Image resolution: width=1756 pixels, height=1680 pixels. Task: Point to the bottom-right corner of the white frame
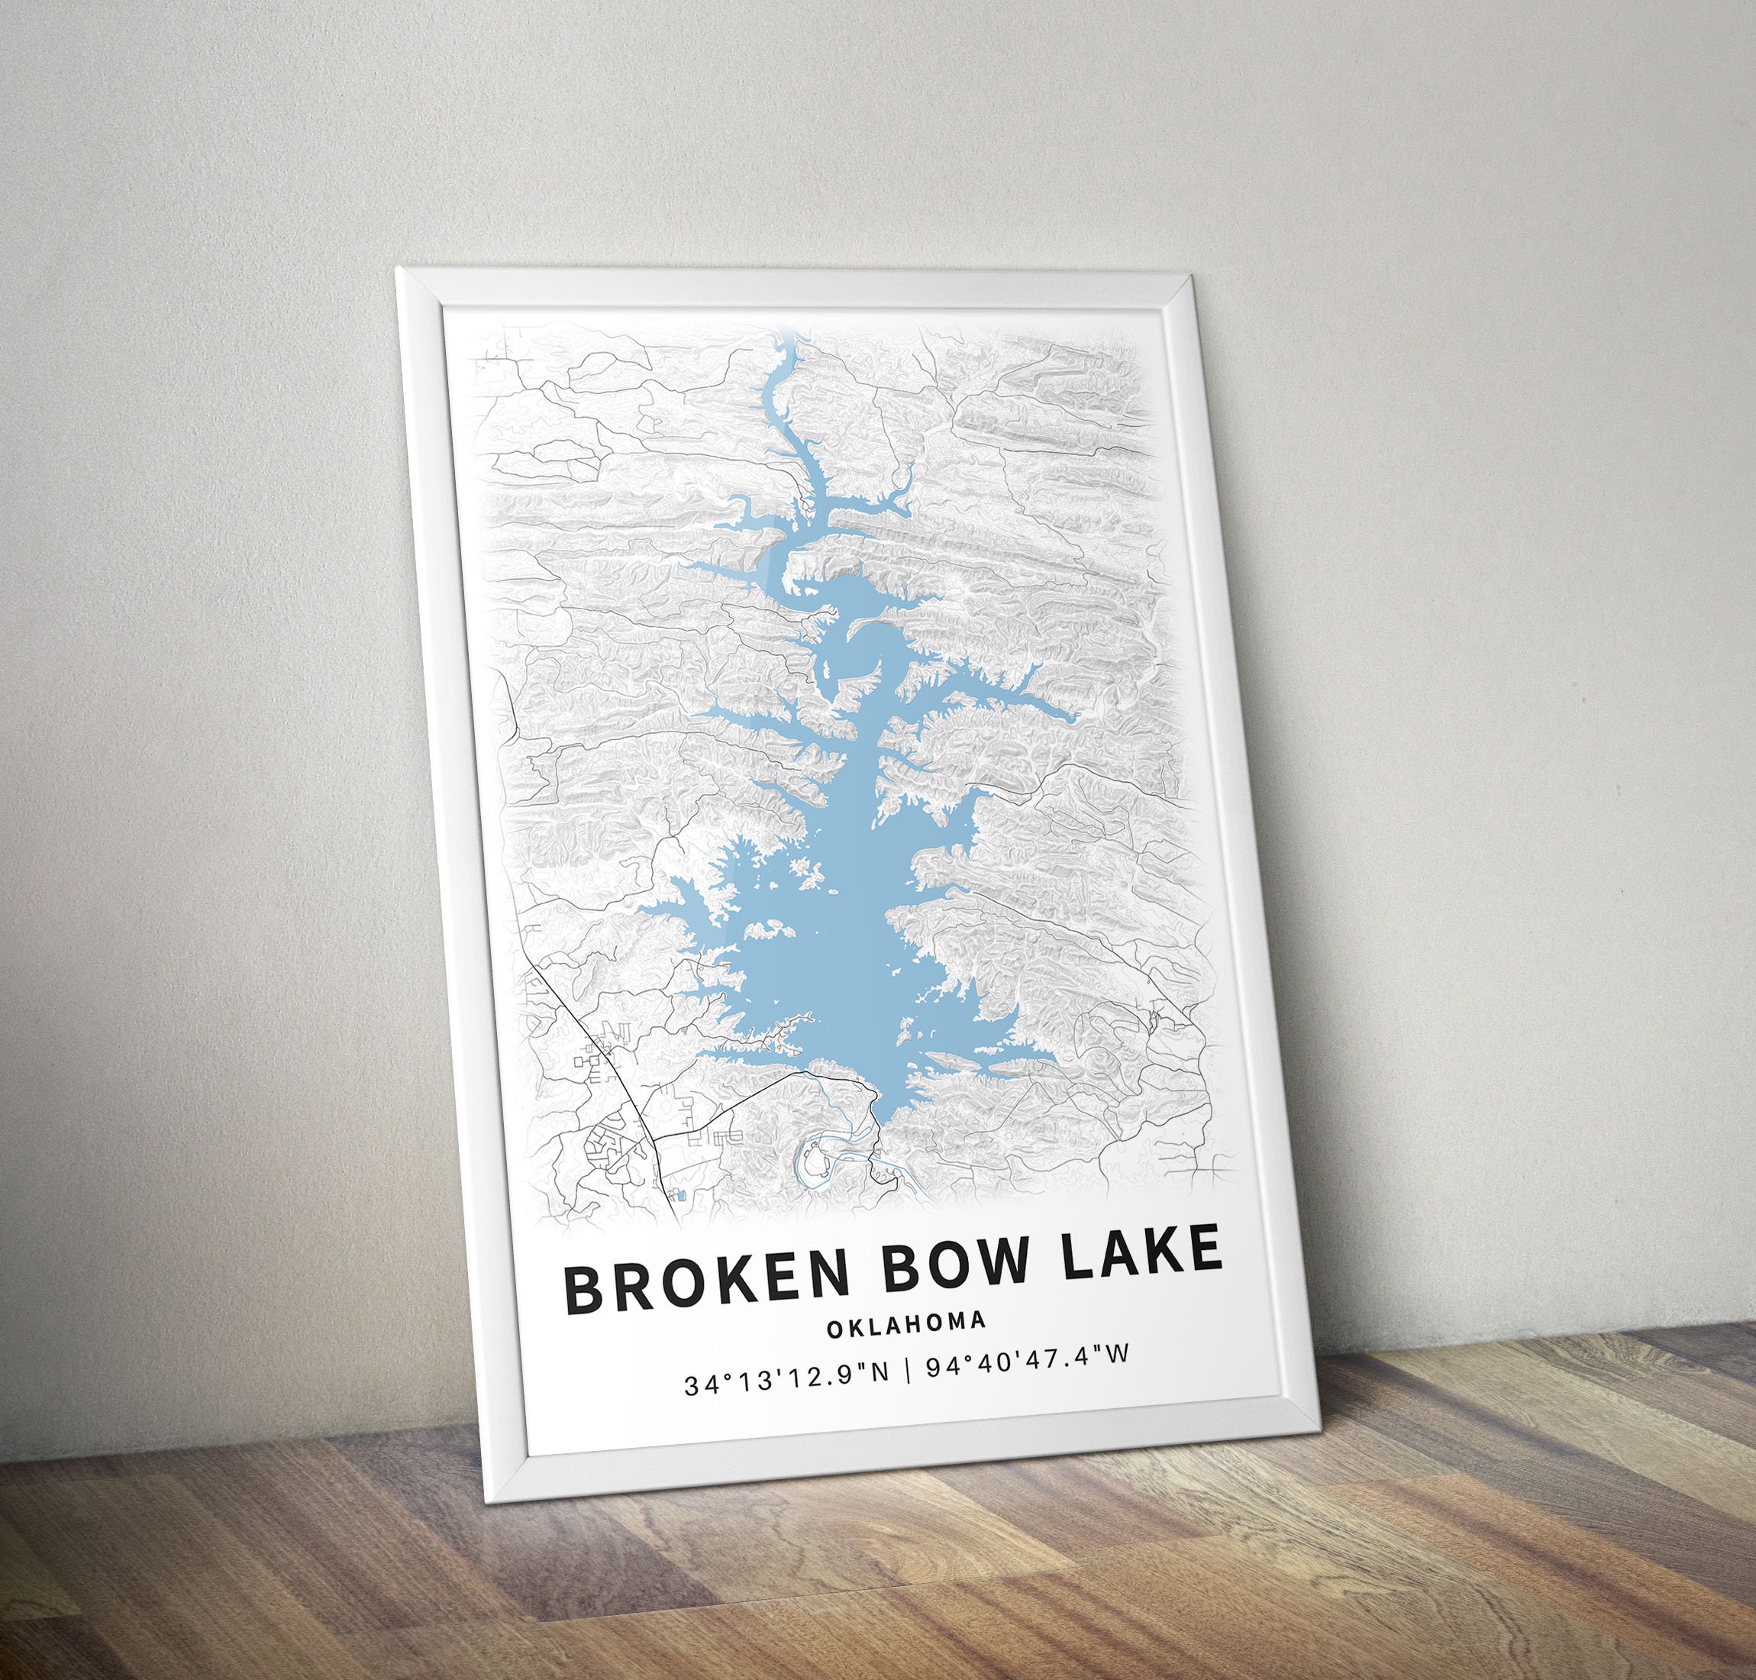coord(1320,1443)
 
